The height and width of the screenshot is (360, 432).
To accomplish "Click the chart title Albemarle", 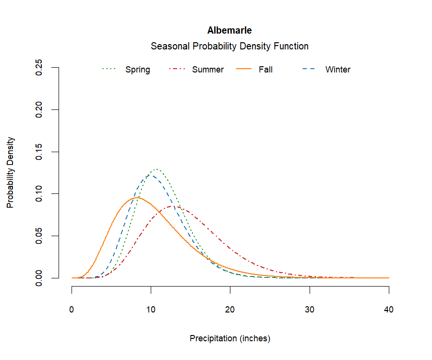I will coord(229,30).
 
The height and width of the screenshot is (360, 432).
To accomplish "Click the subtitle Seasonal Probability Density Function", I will coord(229,46).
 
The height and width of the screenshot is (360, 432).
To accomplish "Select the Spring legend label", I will coord(137,70).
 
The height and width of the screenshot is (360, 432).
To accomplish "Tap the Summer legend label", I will coord(208,70).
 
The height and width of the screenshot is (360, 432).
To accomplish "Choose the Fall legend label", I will coord(265,70).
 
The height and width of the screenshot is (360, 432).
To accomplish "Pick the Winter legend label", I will coord(338,70).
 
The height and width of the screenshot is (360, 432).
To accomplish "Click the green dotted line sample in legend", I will coord(109,70).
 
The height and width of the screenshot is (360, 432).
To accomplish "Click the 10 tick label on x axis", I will coord(151,310).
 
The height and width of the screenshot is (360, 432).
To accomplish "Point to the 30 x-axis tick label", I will coord(310,310).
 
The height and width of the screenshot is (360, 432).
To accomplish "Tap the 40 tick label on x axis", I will coord(389,310).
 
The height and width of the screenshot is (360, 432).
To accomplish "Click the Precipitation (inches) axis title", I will coord(230,338).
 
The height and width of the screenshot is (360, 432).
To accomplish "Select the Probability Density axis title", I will coord(10,173).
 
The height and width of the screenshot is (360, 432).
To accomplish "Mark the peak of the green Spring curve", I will coord(156,169).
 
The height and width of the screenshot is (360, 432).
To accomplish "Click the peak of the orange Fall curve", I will coord(137,198).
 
